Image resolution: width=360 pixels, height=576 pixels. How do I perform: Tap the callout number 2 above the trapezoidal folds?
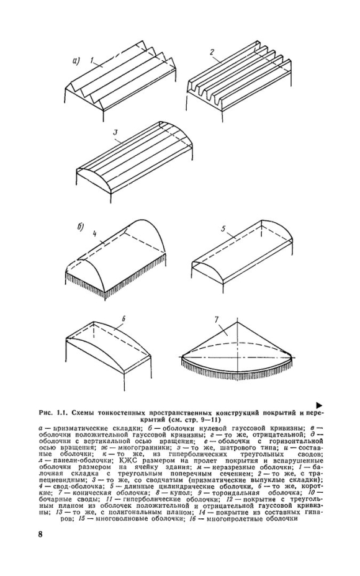[x=212, y=52]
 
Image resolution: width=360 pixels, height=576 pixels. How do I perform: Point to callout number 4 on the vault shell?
[x=94, y=233]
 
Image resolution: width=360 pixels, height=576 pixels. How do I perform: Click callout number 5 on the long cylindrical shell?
[x=223, y=228]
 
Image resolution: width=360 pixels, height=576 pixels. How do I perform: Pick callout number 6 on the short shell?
[x=124, y=319]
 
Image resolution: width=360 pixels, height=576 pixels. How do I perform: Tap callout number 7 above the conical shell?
[x=217, y=319]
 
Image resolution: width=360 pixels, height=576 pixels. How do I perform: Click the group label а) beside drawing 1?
[x=75, y=61]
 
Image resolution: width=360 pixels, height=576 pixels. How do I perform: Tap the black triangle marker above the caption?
[x=319, y=405]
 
